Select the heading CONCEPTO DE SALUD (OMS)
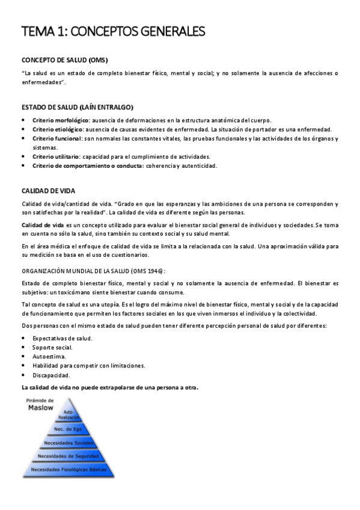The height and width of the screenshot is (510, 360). [x=64, y=61]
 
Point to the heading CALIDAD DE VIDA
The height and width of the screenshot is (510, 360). [x=47, y=191]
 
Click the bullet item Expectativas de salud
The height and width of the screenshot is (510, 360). [x=63, y=338]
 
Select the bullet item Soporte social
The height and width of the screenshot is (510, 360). [x=53, y=347]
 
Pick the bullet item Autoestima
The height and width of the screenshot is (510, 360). [x=49, y=356]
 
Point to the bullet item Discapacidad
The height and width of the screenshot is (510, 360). [x=51, y=374]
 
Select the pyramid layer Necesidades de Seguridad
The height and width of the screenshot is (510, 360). [x=68, y=456]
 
